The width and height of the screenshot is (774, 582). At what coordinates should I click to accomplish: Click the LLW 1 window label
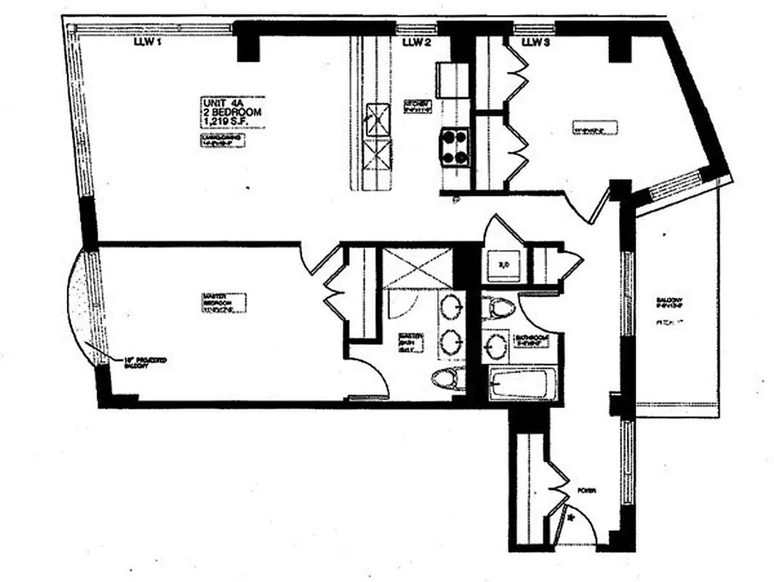(x=147, y=42)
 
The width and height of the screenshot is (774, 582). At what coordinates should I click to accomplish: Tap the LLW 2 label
(x=417, y=43)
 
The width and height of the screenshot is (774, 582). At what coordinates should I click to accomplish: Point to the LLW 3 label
(x=535, y=43)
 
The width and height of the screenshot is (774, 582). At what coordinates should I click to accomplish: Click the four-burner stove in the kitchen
(x=454, y=148)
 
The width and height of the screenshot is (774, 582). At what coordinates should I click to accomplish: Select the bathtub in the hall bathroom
(x=523, y=384)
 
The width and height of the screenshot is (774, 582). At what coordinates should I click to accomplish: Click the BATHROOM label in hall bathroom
(x=530, y=339)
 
